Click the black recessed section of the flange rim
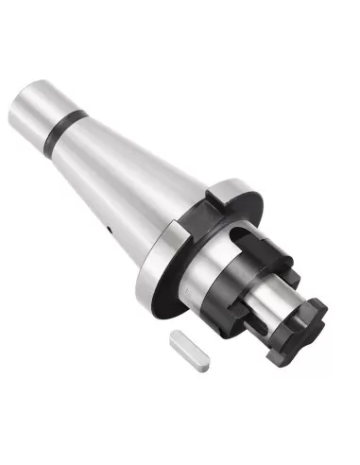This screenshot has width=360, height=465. [189, 222]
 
